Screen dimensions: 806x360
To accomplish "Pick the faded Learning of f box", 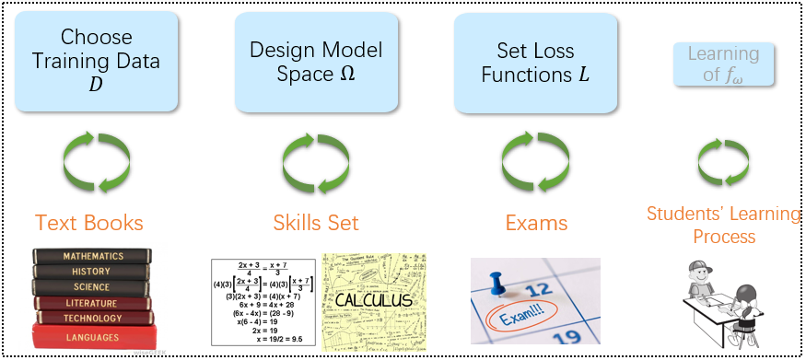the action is [723, 64].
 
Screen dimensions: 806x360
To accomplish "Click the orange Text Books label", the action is [89, 222].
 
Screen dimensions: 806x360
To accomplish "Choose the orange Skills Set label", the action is [316, 222].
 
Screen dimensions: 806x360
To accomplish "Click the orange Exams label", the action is [536, 222].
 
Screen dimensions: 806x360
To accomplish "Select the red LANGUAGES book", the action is [92, 337].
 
